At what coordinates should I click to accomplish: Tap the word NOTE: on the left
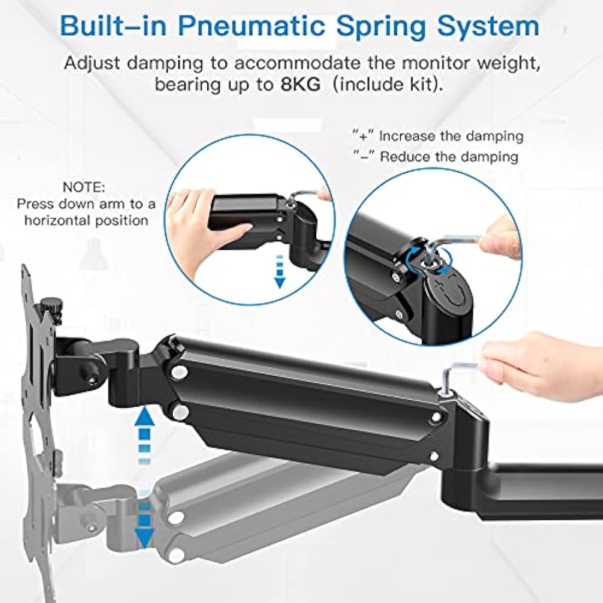click(83, 187)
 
